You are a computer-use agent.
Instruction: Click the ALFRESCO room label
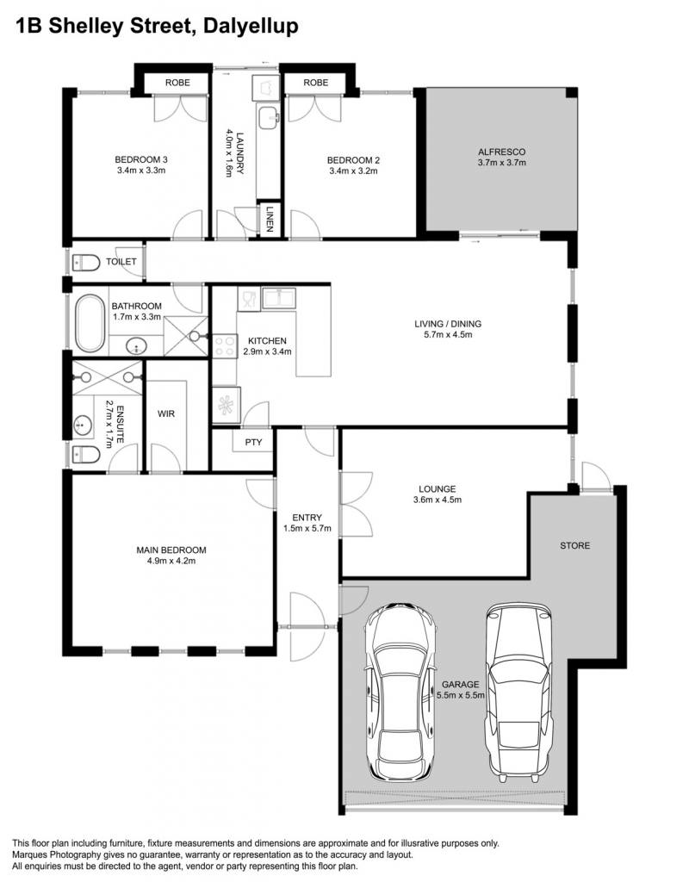point(502,152)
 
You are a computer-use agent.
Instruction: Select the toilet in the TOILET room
point(86,262)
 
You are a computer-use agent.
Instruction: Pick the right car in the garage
point(518,693)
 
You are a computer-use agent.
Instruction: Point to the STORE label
point(574,545)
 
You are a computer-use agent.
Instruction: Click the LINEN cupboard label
point(270,218)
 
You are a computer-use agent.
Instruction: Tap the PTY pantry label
point(254,442)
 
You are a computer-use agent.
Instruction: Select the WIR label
point(166,414)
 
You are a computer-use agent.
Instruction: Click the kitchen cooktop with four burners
point(225,346)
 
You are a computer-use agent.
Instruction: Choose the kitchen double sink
point(279,297)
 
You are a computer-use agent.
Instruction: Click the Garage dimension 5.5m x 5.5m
point(461,695)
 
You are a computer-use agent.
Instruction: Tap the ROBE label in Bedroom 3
point(177,83)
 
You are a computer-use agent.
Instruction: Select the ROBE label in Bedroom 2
point(315,83)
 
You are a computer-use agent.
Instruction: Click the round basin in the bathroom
point(135,346)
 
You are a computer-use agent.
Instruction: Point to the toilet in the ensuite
point(86,454)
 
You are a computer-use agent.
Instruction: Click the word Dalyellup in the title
point(251,26)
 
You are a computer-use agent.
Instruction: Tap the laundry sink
point(269,117)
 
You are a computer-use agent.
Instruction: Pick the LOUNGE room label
point(437,489)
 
